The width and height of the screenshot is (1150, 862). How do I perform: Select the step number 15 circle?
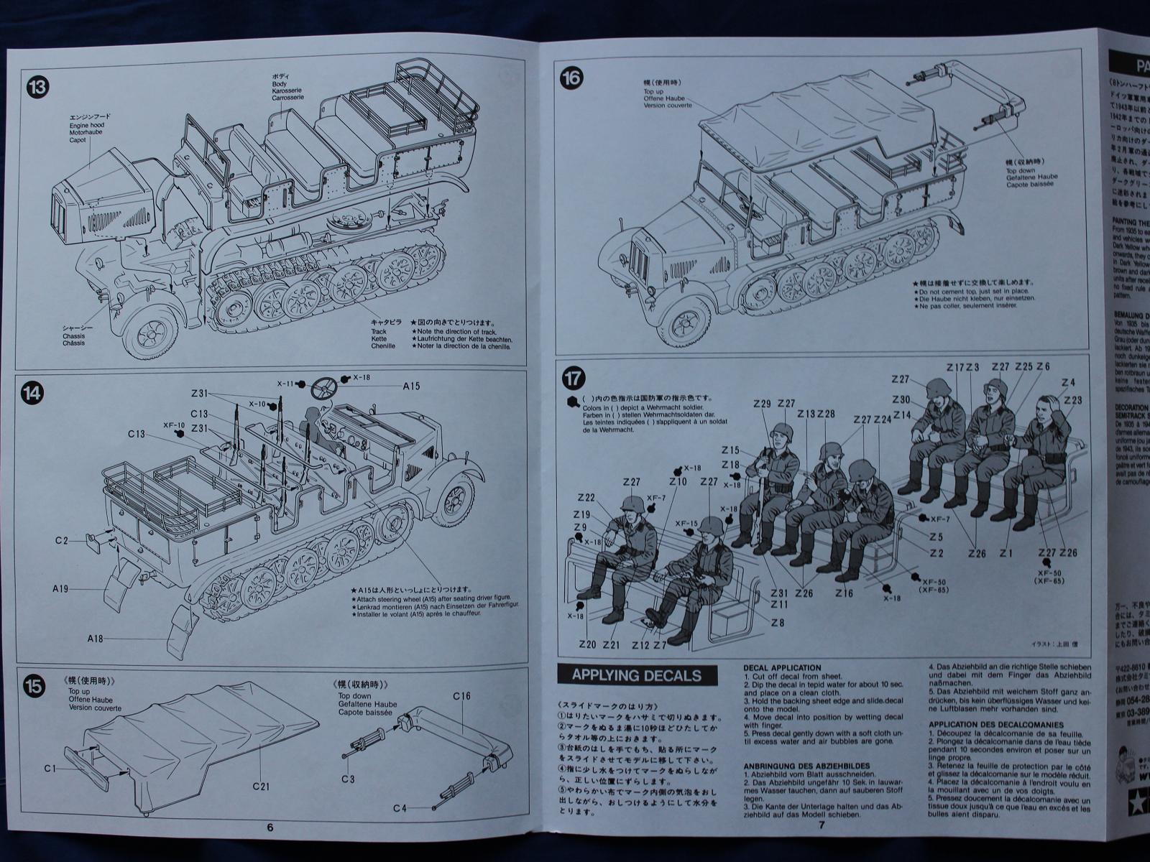click(34, 685)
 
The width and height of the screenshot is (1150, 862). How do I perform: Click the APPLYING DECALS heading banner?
click(638, 675)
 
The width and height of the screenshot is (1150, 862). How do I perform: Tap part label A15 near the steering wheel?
click(411, 386)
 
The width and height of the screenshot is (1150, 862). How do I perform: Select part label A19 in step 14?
click(60, 589)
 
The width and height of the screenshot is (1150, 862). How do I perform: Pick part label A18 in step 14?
click(96, 639)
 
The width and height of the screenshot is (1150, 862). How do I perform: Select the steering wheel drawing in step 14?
click(326, 390)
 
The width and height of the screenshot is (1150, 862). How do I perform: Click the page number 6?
click(270, 827)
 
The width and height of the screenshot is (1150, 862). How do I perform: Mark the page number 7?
click(822, 825)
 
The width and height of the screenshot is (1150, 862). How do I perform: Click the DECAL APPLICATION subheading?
click(782, 668)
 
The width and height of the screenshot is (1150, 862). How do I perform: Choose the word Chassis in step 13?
click(73, 335)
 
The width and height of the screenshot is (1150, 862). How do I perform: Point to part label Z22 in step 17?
click(585, 498)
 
